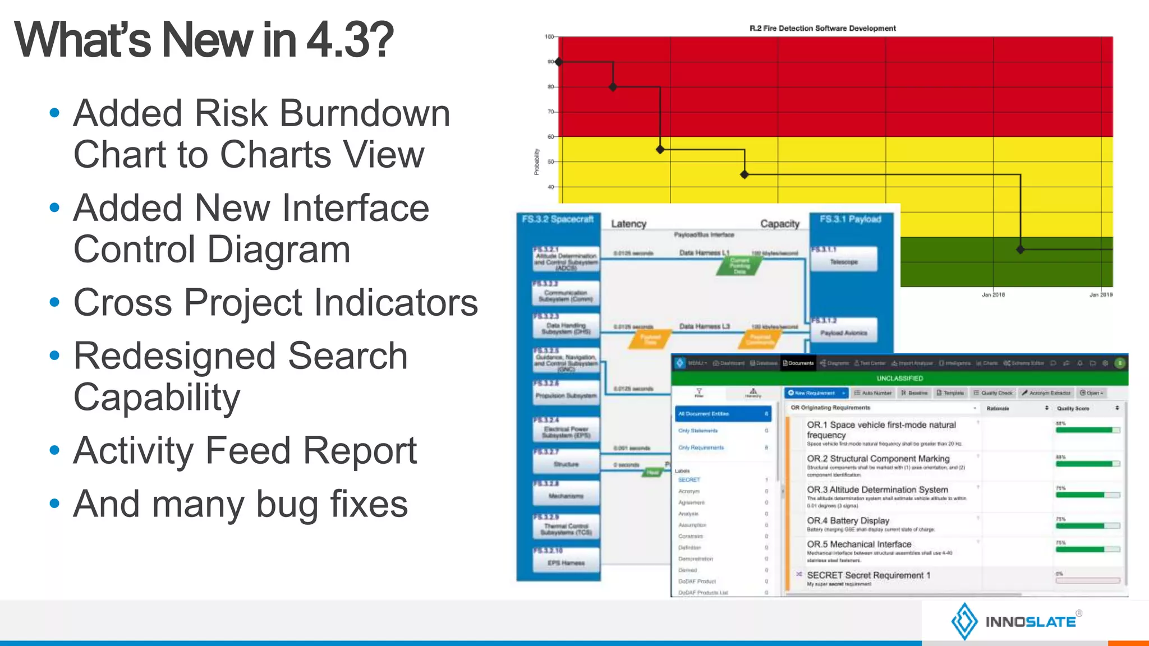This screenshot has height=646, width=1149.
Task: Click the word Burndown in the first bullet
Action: [x=365, y=114]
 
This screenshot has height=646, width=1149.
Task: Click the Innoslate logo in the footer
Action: [x=1015, y=621]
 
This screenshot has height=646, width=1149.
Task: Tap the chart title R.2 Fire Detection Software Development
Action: [x=822, y=28]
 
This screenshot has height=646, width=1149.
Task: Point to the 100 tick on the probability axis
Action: [x=549, y=37]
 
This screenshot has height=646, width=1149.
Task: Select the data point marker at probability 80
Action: [x=613, y=87]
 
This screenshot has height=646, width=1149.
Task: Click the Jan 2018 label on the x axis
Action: [x=992, y=294]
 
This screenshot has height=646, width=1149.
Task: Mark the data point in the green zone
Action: [x=1020, y=250]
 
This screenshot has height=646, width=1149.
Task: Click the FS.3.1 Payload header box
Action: [x=851, y=219]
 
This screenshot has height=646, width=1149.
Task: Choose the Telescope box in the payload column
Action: [x=844, y=261]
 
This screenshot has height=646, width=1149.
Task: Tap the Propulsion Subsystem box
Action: [x=566, y=395]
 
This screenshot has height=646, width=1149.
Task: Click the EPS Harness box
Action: [x=566, y=562]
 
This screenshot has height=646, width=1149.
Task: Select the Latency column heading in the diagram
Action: [x=628, y=224]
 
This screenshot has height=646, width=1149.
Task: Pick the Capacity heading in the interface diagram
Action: [x=779, y=224]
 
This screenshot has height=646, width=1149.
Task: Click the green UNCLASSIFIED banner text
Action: [x=899, y=379]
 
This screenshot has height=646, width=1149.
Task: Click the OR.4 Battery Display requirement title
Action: [x=848, y=520]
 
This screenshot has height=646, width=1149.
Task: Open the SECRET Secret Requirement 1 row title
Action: [x=868, y=575]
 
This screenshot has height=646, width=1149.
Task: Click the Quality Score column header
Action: [x=1073, y=408]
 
